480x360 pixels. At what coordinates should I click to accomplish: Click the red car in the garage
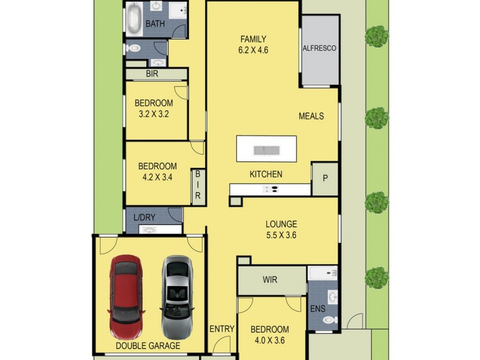coord(126,298)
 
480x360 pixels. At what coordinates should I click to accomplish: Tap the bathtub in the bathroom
coord(133,19)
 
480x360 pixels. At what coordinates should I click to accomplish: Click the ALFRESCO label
coord(319,48)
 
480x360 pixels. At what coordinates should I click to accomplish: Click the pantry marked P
coord(325,178)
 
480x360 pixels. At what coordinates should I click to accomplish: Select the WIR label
coord(270,280)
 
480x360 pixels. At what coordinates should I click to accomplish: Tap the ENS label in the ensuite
coord(318,310)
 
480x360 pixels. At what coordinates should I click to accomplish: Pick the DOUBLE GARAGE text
coord(148,346)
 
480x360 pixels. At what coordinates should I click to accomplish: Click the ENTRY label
coord(221,329)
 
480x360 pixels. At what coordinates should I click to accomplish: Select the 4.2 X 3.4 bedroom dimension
coord(157,177)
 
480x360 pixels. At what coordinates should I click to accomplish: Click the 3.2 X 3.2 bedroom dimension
coord(153,113)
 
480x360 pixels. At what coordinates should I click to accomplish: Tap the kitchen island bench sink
coord(266,149)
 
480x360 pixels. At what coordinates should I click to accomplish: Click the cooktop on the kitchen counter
coord(271,190)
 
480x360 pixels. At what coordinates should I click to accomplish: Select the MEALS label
coord(311,116)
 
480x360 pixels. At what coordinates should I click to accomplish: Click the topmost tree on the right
coord(376,36)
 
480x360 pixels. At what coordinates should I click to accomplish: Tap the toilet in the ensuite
coord(329,320)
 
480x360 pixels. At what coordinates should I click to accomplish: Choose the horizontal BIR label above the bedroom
coord(152,74)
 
